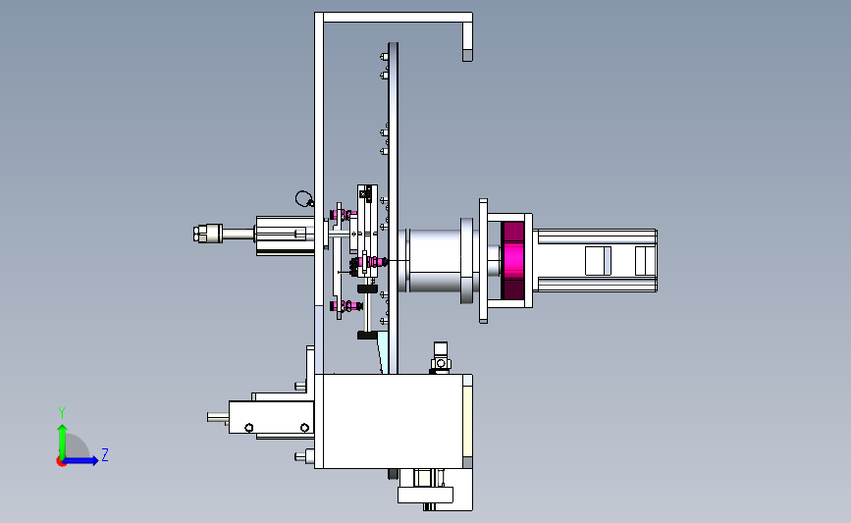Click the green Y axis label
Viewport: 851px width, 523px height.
coord(62,413)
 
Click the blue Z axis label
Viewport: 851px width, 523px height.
coord(105,454)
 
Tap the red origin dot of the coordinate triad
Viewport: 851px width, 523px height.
coord(61,462)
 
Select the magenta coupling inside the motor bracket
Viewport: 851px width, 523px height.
coord(512,260)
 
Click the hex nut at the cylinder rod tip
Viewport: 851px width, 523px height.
coord(199,234)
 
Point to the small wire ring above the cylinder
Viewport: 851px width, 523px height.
coord(303,198)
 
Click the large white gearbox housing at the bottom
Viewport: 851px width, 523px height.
coord(389,421)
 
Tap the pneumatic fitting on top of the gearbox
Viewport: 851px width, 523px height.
coord(440,357)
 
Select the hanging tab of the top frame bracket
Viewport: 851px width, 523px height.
coord(467,42)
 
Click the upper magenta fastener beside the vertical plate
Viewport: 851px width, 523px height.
coord(344,216)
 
